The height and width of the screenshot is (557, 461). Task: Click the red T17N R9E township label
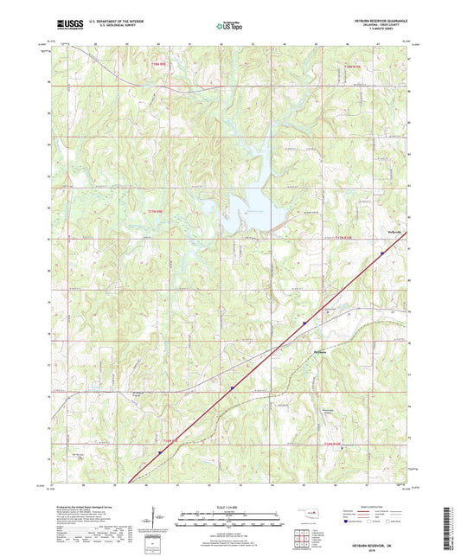152,210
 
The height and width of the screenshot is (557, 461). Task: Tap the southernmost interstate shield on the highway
159,450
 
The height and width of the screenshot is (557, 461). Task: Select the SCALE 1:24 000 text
230,506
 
